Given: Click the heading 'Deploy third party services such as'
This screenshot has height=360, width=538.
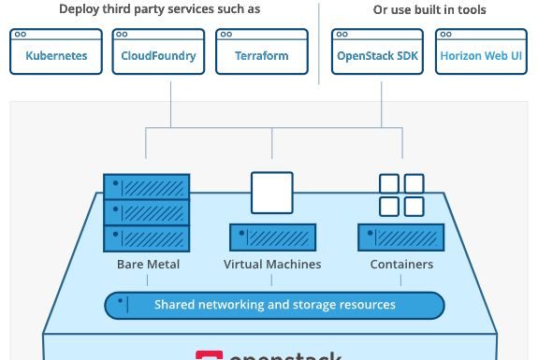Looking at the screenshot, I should [160, 9].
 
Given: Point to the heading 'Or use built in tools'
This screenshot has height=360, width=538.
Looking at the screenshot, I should [429, 9].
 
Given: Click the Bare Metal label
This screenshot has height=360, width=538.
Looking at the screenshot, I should [148, 265].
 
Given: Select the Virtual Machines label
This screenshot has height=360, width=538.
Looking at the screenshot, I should [272, 265].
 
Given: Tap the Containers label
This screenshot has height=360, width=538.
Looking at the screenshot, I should [401, 265].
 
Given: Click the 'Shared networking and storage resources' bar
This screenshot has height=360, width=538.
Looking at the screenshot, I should [274, 305].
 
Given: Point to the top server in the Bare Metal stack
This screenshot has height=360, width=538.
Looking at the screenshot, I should [147, 185].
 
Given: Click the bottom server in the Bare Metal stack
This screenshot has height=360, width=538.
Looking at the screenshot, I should [147, 236].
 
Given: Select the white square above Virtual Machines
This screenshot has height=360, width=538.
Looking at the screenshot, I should [272, 193].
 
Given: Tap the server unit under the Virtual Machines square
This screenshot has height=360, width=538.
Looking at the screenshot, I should [272, 237].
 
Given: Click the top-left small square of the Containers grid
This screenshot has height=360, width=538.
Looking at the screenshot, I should [389, 183].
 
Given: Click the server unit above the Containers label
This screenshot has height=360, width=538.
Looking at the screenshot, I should [400, 237].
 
